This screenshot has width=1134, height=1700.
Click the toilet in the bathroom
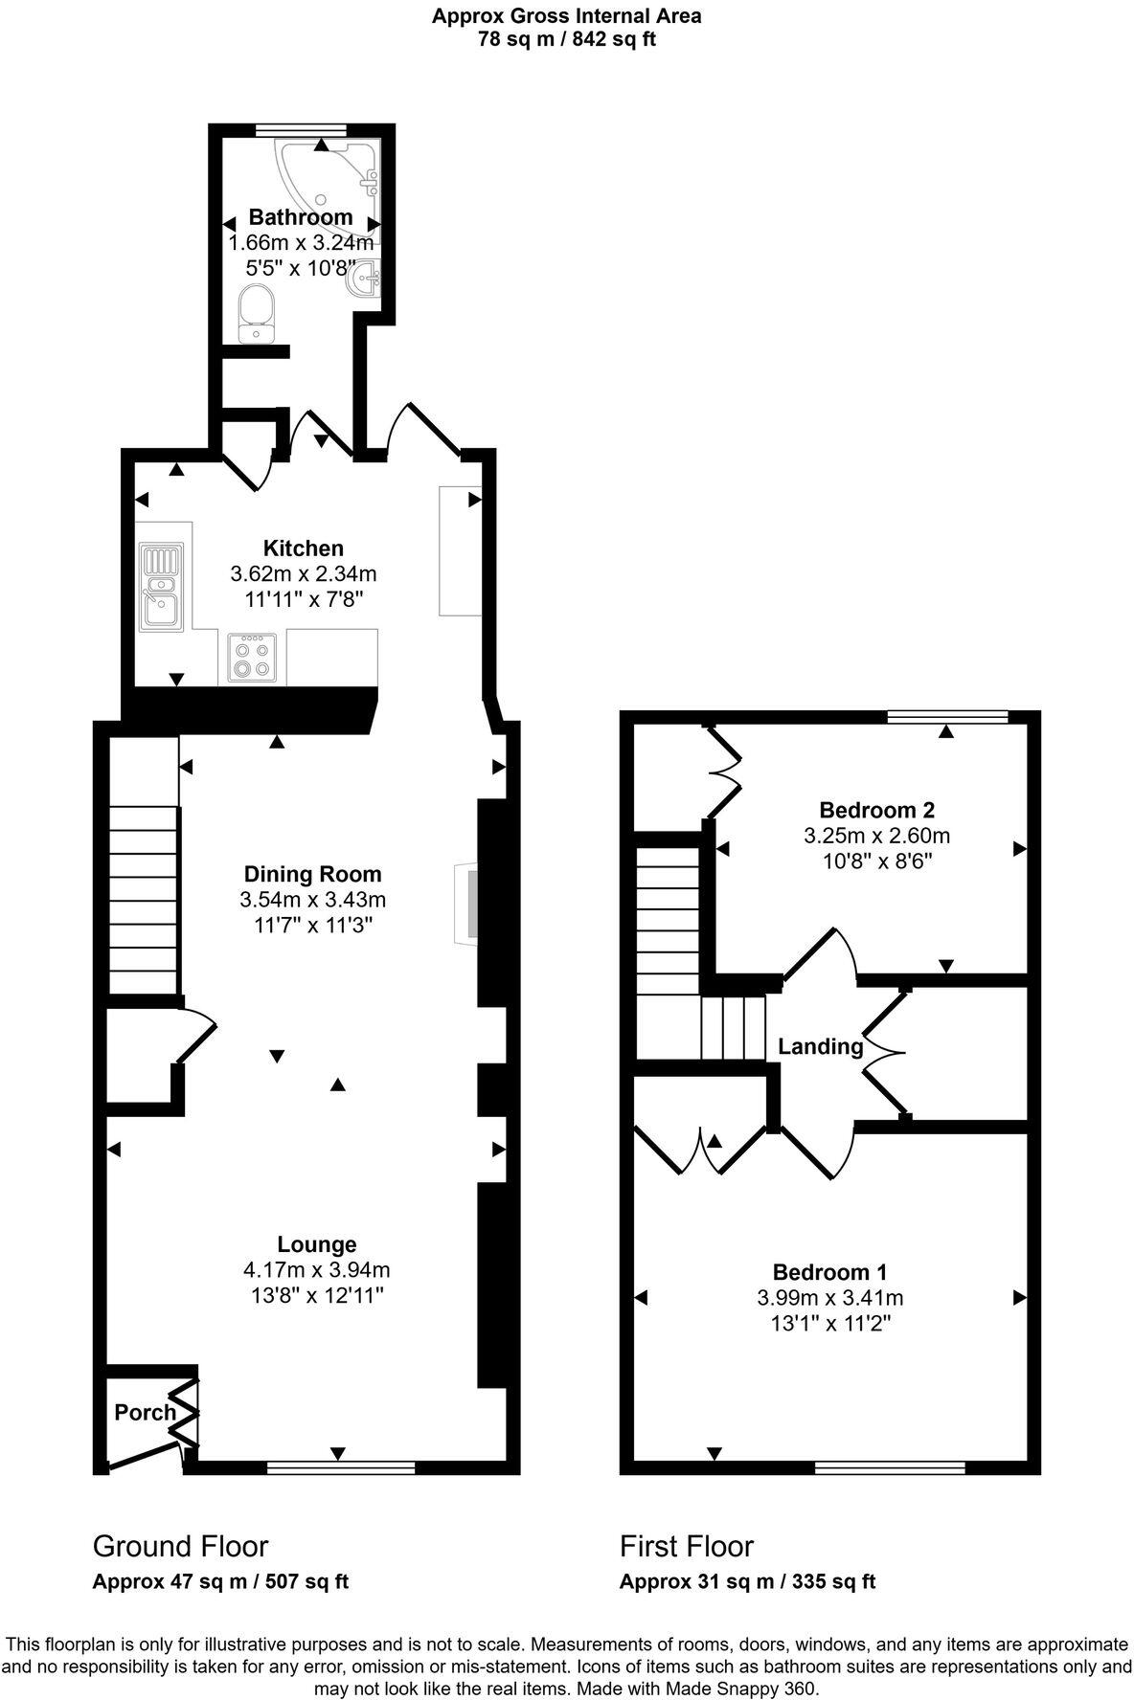[x=257, y=312]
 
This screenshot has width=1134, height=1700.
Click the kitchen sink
[x=161, y=587]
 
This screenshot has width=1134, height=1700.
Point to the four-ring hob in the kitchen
[x=253, y=657]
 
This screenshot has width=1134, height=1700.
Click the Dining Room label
[x=312, y=874]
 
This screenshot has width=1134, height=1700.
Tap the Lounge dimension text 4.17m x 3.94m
[x=316, y=1270]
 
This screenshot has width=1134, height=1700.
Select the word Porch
[x=145, y=1412]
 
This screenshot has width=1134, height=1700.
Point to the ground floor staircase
[x=143, y=900]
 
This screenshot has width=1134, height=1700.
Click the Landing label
[x=820, y=1046]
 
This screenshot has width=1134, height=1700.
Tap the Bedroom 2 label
[x=876, y=810]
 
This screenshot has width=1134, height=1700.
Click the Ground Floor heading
[x=180, y=1546]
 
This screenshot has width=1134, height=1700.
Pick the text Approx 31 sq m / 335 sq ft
[x=747, y=1581]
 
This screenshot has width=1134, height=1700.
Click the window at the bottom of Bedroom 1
[x=889, y=1465]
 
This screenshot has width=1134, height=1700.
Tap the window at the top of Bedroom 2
[x=947, y=715]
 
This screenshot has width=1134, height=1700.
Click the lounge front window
[x=340, y=1465]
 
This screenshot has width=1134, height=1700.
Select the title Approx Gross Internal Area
[x=566, y=15]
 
